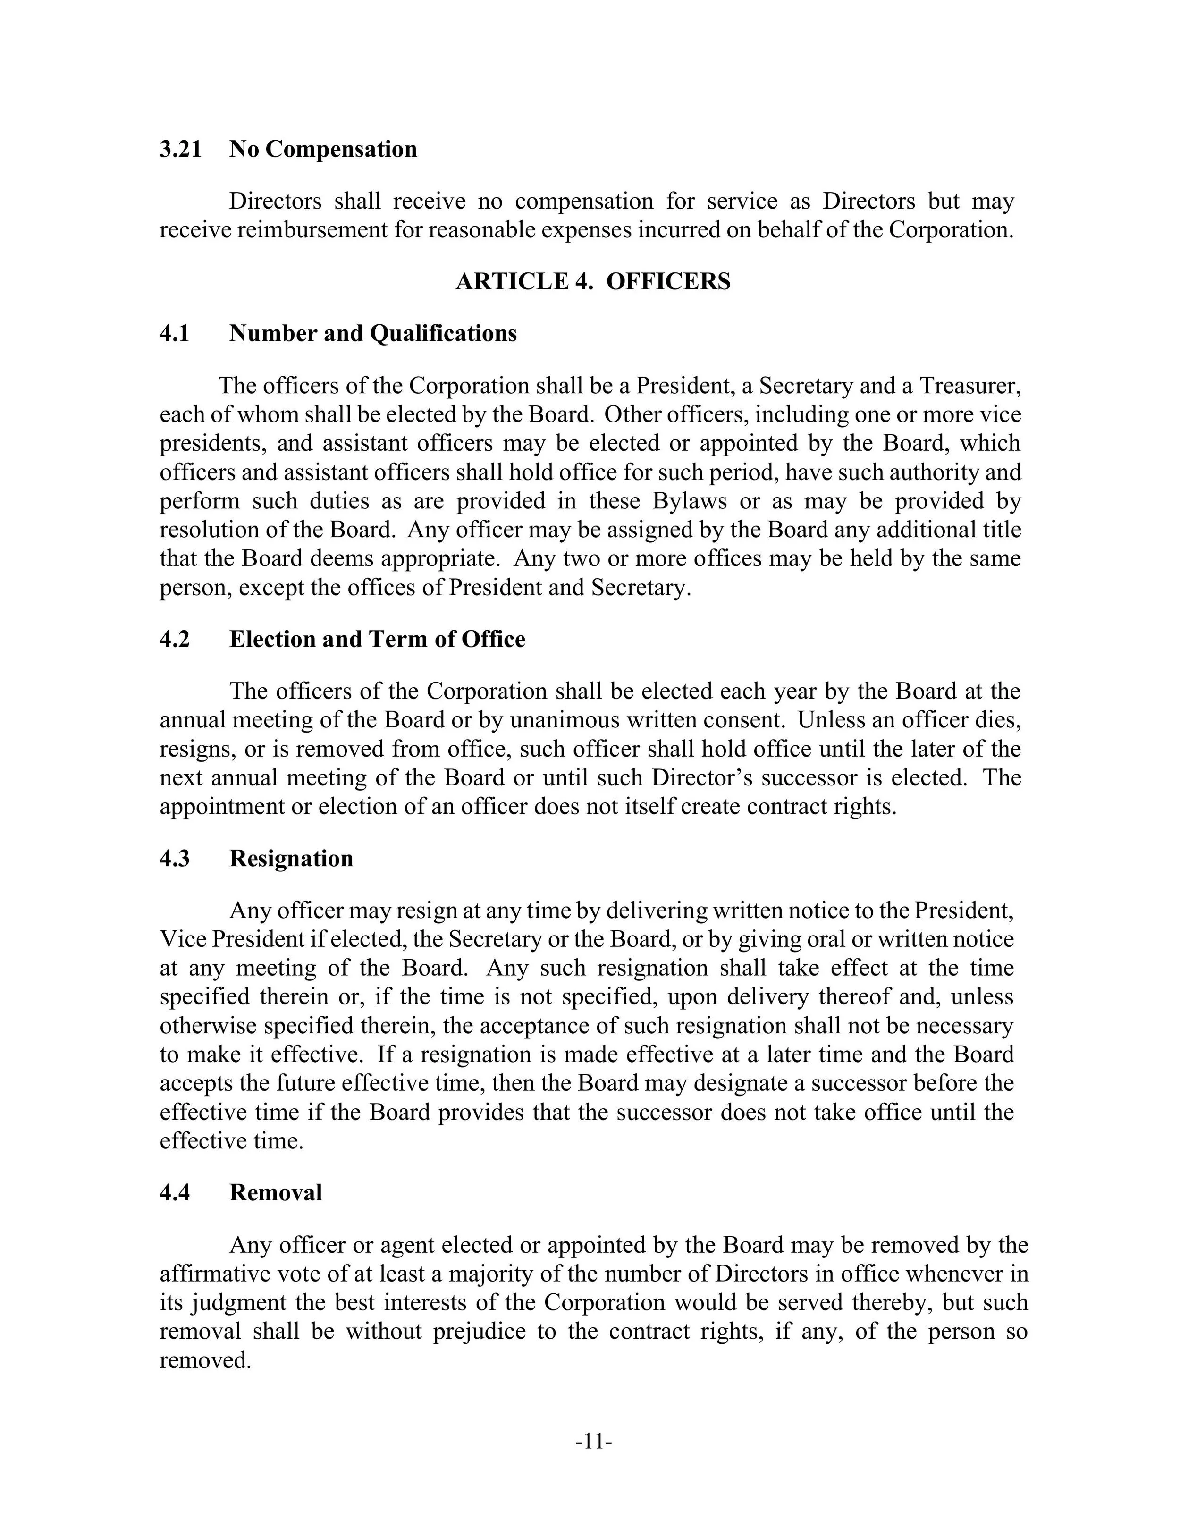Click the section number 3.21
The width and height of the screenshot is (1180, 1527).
pyautogui.click(x=180, y=150)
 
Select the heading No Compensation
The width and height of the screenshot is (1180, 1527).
pyautogui.click(x=323, y=150)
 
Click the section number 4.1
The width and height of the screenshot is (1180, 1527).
pyautogui.click(x=175, y=334)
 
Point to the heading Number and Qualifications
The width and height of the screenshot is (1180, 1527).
pyautogui.click(x=372, y=334)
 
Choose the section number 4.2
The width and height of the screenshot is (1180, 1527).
pyautogui.click(x=175, y=640)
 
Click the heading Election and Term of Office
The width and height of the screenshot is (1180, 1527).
pyautogui.click(x=377, y=640)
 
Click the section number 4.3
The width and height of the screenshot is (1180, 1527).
pyautogui.click(x=175, y=859)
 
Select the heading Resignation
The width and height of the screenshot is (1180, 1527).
pyautogui.click(x=291, y=859)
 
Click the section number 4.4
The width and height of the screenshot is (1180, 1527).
pyautogui.click(x=175, y=1193)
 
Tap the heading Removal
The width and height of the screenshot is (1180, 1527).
pyautogui.click(x=276, y=1193)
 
